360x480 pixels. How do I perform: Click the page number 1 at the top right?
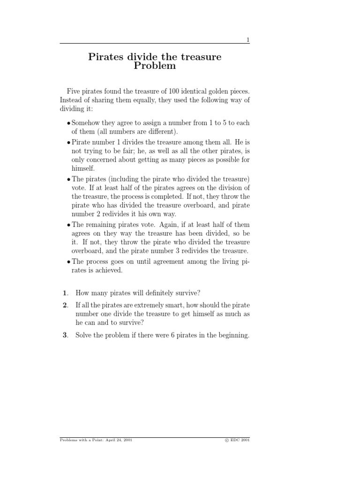pos(248,40)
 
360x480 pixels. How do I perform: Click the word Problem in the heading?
pos(155,66)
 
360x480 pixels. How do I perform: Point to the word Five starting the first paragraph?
pos(74,90)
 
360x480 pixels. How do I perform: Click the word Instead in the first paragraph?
pos(71,99)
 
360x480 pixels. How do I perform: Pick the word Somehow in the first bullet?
pos(85,123)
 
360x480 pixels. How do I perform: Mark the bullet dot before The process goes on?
pos(68,262)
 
